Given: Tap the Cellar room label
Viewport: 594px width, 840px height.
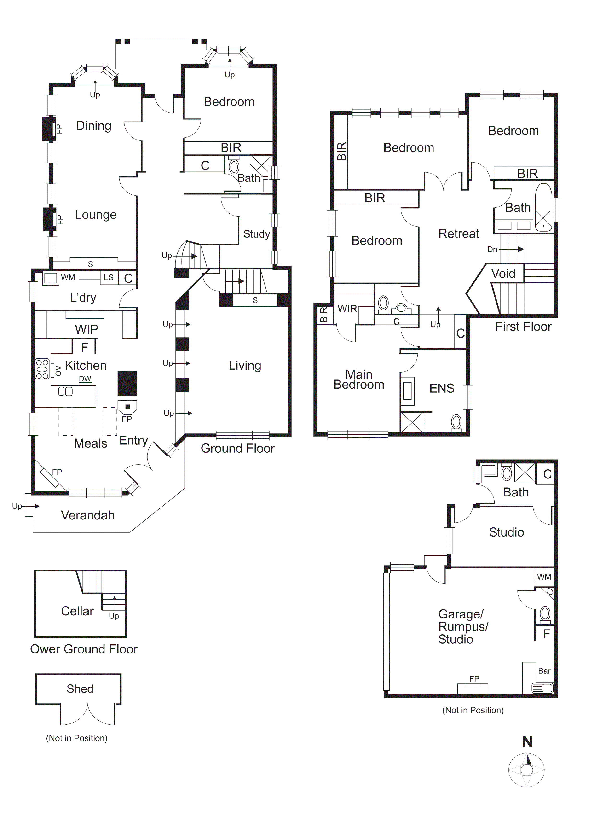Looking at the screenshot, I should pos(77,611).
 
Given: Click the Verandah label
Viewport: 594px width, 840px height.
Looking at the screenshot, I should pos(87,515).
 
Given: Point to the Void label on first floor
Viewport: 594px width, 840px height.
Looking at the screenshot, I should pos(503,273).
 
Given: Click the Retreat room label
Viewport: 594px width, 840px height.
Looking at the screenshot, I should pos(458,233).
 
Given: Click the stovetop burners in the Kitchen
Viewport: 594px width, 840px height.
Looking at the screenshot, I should pos(42,369).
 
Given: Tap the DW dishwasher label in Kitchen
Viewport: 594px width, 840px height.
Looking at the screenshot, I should pos(85,379).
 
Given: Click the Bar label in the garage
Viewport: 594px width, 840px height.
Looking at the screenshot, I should pos(544,671).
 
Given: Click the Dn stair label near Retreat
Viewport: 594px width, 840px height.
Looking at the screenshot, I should pos(492,250).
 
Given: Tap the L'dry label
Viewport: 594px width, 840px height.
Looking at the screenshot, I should pos(83,297).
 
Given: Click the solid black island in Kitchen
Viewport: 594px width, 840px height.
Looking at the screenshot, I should pos(127,383).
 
